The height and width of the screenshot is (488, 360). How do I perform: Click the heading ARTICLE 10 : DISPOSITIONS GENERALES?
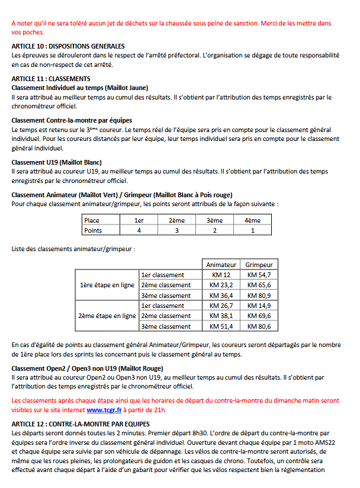point(68,46)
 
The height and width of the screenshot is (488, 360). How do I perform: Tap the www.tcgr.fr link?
point(104,409)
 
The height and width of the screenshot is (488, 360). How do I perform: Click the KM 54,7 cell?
point(259,275)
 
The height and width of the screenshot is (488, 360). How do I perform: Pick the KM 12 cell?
point(221,275)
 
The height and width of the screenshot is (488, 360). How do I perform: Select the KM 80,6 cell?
point(259,326)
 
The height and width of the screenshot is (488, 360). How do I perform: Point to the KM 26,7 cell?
point(221,306)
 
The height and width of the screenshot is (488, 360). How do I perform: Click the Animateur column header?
point(221,265)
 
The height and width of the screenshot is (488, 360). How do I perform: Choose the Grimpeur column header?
point(259,265)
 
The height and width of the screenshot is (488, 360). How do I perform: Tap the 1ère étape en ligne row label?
point(107,285)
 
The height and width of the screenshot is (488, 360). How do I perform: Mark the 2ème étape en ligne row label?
point(107,316)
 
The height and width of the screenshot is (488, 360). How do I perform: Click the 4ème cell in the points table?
point(252,220)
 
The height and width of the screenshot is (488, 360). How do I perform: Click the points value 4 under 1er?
point(139,230)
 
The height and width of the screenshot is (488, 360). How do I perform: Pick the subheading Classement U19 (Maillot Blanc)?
point(57,162)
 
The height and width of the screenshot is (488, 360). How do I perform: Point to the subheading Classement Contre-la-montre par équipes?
point(72,120)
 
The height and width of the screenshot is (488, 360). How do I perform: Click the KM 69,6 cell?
point(259,316)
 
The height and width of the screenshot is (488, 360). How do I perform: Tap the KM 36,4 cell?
point(221,296)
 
